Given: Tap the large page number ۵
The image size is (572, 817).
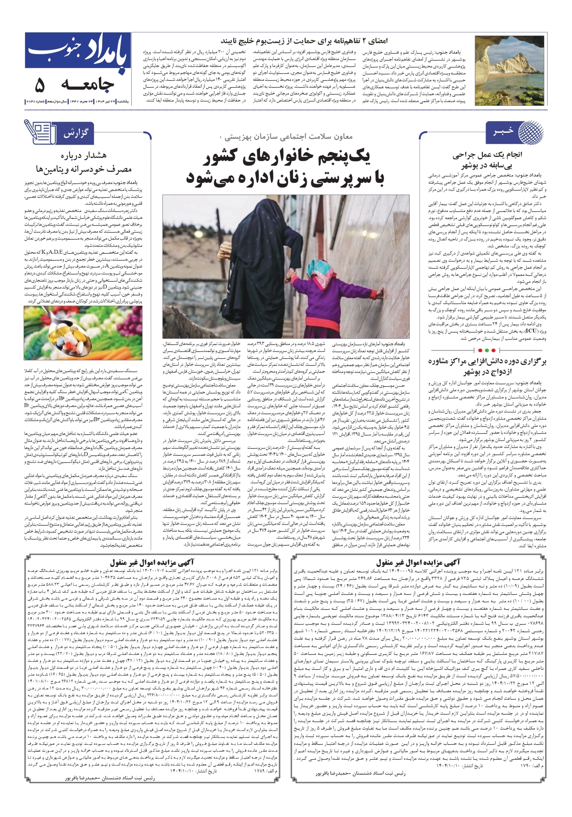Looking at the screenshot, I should click(40, 86).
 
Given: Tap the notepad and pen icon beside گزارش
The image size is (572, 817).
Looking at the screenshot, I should click(40, 132).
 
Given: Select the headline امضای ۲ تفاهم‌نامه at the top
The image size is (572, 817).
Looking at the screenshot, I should click(304, 41).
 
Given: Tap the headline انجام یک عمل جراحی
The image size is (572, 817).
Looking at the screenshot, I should click(487, 155).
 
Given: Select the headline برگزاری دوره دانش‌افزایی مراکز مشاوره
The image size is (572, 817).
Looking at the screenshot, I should click(487, 362).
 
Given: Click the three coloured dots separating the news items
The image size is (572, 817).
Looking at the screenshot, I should click(487, 350).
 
